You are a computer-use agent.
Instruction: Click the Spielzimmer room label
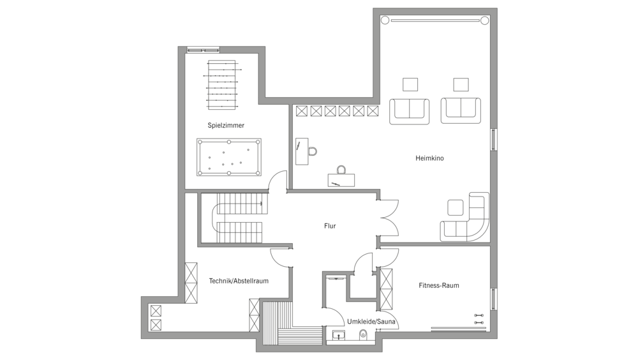[x=226, y=126]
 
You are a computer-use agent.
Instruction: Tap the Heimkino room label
[x=429, y=158]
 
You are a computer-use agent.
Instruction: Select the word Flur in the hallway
[x=330, y=225]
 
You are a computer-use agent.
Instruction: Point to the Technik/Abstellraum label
[x=239, y=281]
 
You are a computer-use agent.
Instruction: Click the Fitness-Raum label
[x=439, y=285]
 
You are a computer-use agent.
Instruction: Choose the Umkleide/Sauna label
[x=371, y=322]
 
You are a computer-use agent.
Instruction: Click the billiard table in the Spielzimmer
[x=229, y=157]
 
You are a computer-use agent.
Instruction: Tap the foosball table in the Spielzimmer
[x=222, y=85]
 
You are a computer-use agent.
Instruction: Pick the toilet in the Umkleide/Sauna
[x=363, y=334]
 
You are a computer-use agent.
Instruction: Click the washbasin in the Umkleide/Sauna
[x=339, y=335]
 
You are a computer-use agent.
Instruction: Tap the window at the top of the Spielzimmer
[x=203, y=50]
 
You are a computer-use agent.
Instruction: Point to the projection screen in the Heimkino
[x=434, y=20]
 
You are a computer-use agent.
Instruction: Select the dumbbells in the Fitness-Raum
[x=480, y=319]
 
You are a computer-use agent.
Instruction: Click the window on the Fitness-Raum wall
[x=494, y=299]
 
